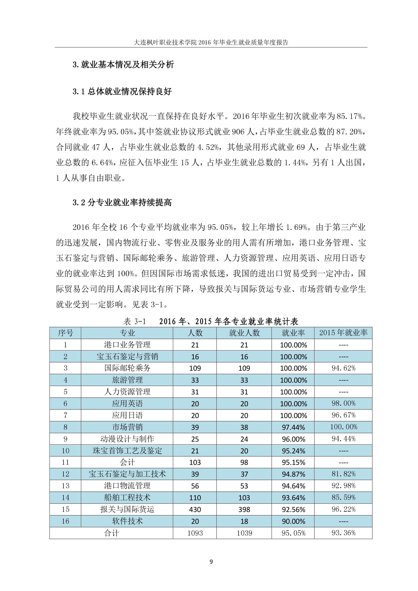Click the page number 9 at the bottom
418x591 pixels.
pyautogui.click(x=211, y=562)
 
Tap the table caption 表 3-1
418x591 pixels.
pyautogui.click(x=135, y=322)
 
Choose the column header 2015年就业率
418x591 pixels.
pyautogui.click(x=343, y=333)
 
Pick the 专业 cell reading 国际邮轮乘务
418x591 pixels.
pyautogui.click(x=127, y=368)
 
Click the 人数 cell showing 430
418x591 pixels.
pyautogui.click(x=195, y=509)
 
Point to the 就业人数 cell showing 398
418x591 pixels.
pyautogui.click(x=244, y=509)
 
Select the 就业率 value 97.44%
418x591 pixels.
pyautogui.click(x=293, y=427)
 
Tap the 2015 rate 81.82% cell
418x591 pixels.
pyautogui.click(x=343, y=474)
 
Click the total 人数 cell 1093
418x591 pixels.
pyautogui.click(x=195, y=533)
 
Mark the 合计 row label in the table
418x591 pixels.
pyautogui.click(x=112, y=533)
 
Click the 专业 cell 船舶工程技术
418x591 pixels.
pyautogui.click(x=127, y=498)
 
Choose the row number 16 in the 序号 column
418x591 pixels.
pyautogui.click(x=65, y=521)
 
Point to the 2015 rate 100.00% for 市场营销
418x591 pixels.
pyautogui.click(x=344, y=427)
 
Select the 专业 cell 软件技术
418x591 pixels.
pyautogui.click(x=127, y=521)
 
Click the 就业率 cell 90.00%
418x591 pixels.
pyautogui.click(x=293, y=521)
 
